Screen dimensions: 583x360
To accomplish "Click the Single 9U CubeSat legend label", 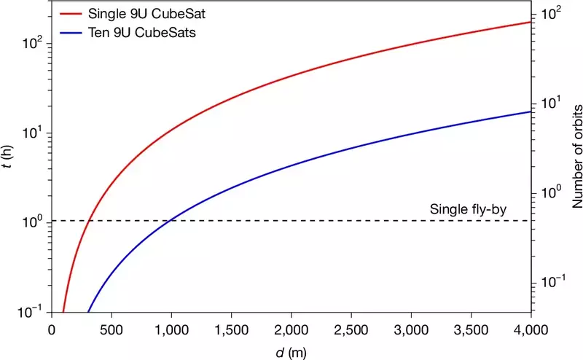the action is click(x=146, y=14).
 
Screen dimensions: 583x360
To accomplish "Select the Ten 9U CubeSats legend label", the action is click(x=141, y=32).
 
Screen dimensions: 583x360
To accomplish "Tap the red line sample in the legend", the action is click(x=71, y=14).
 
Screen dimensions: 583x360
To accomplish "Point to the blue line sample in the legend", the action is click(x=71, y=33).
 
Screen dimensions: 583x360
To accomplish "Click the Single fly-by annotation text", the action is click(x=468, y=209).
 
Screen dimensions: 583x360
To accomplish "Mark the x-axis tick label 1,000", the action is click(x=171, y=330).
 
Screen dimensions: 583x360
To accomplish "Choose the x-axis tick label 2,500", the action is click(x=351, y=330).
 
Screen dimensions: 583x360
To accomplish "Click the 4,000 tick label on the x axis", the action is click(x=531, y=330).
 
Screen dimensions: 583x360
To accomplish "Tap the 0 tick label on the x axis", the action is click(x=52, y=330).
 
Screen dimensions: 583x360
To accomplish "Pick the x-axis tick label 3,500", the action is click(x=471, y=330).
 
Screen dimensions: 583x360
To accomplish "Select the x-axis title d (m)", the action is click(x=291, y=352).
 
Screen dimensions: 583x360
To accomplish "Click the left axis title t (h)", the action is click(x=7, y=156).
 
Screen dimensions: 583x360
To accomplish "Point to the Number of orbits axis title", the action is click(x=577, y=156).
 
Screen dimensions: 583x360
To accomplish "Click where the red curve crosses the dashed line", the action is click(x=88, y=221).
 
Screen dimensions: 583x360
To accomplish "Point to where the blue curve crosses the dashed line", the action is click(x=171, y=221).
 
